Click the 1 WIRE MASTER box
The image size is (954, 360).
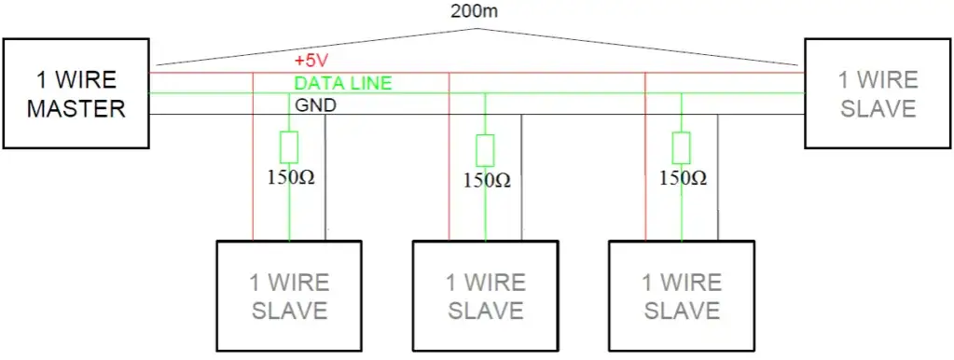coord(76,93)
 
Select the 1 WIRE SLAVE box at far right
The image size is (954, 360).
coord(878,93)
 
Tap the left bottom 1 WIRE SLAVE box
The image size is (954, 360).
coord(289,296)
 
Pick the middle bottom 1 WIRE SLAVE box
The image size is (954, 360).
coord(485,296)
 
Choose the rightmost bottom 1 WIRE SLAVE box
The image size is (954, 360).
coord(681,296)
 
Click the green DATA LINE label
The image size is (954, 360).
coord(343,83)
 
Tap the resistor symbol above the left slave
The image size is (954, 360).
coord(289,148)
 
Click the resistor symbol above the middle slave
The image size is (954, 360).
coord(485,150)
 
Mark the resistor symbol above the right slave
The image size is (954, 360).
coord(682,148)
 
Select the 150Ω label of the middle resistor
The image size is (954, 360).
coord(486,180)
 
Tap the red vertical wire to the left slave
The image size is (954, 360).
coord(253,168)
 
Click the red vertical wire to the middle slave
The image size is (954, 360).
coord(449,168)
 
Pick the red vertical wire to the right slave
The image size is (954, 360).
coord(645,168)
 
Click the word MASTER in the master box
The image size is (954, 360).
coord(76,108)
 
